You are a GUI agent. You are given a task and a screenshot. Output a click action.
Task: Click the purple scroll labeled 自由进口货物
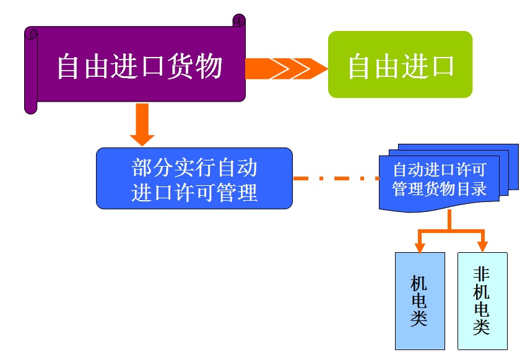(135, 64)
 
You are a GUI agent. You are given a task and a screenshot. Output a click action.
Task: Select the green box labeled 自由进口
(400, 64)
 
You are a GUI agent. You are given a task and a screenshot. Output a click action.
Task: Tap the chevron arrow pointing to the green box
(287, 69)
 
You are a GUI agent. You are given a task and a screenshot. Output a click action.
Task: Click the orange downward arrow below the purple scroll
(142, 125)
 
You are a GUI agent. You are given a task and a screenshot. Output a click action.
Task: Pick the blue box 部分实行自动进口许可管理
(194, 178)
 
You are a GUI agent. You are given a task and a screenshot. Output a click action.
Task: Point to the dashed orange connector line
(336, 178)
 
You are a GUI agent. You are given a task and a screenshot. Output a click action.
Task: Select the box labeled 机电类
(420, 301)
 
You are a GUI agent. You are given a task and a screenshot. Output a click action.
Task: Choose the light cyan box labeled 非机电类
(482, 301)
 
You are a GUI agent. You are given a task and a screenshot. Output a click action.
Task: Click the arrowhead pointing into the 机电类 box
(420, 247)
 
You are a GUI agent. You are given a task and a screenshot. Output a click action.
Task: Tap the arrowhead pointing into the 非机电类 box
(482, 247)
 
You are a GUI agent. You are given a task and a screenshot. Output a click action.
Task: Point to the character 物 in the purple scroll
(209, 66)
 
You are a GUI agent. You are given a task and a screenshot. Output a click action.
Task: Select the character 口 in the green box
(441, 66)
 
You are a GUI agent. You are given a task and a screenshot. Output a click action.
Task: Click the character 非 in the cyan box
(482, 274)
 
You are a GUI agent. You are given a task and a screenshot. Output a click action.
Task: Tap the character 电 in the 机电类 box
(419, 301)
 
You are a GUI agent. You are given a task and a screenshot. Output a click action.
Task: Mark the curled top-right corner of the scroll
(239, 20)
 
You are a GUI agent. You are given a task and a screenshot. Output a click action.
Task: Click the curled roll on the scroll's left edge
(31, 71)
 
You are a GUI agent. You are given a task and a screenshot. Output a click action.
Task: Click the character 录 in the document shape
(479, 189)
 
